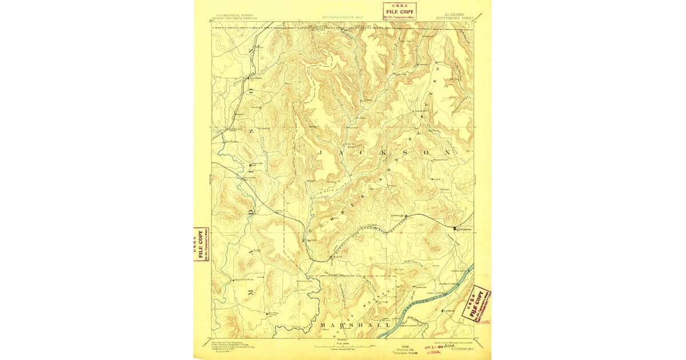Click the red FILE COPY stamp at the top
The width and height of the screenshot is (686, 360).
pos(400,11)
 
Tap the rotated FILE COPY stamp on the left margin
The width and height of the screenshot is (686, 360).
pos(201,244)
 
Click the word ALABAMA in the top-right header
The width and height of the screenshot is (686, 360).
pos(453,13)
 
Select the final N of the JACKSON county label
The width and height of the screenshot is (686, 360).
pos(448,153)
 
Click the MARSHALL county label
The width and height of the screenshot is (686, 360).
pos(341,326)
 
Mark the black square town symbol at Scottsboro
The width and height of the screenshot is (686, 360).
pos(455,229)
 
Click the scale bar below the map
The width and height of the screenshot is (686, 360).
pos(343,346)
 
